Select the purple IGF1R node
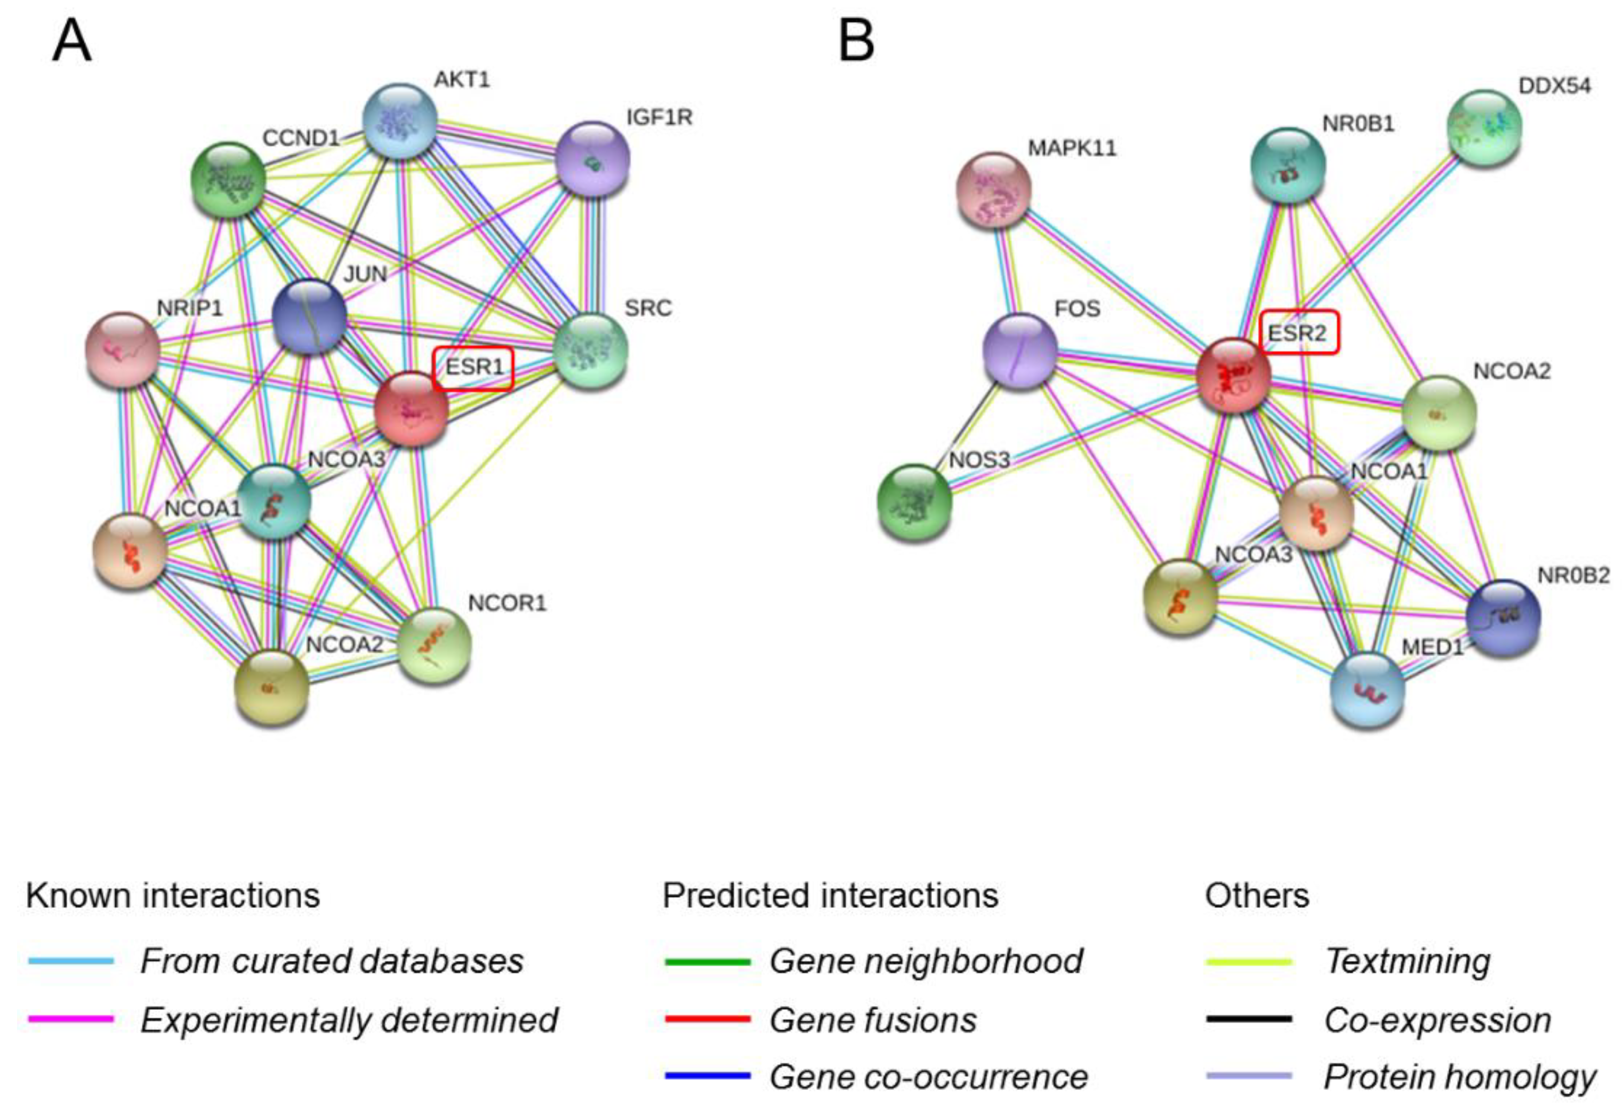[592, 158]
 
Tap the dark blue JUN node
[309, 316]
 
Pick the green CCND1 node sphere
[228, 178]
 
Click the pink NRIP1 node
[122, 349]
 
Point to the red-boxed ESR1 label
[473, 368]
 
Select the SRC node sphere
[591, 351]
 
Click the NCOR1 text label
[507, 603]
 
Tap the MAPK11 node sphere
[993, 190]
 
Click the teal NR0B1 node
[1288, 165]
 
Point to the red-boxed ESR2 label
[1299, 332]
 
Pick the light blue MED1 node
[1368, 689]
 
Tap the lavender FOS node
[1019, 351]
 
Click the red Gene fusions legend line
[708, 1020]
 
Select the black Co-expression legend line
[1249, 1020]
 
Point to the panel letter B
[856, 41]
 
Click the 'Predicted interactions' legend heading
[830, 896]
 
